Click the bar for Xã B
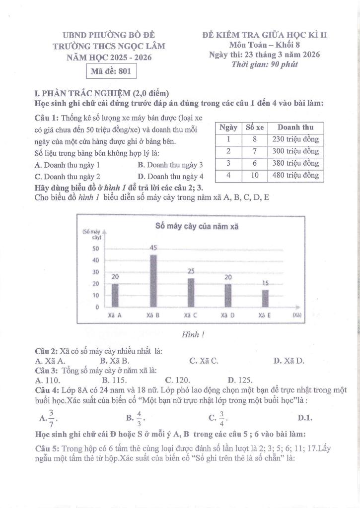coord(153,281)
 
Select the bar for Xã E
coord(265,298)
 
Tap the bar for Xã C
coord(191,292)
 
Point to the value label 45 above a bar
coord(154,248)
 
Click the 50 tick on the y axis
coord(96,249)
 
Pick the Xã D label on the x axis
coord(227,315)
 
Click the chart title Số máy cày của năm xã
coord(197,226)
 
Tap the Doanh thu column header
coord(295,127)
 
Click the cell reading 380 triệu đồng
coord(295,163)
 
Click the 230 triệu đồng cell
coord(295,139)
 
